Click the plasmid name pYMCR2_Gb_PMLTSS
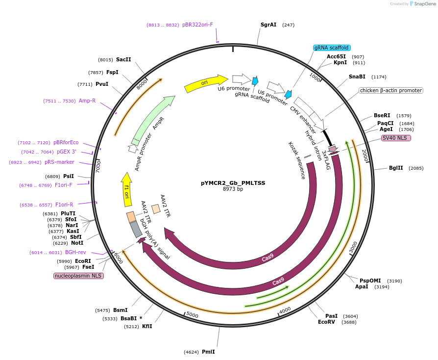click(x=233, y=183)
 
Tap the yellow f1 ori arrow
click(x=126, y=190)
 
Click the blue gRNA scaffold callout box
click(x=332, y=48)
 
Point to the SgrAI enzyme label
click(x=268, y=25)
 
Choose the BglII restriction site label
click(x=396, y=168)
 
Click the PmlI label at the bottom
click(x=208, y=352)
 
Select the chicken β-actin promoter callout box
click(x=391, y=90)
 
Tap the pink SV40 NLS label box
click(x=396, y=138)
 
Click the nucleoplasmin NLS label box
click(x=78, y=276)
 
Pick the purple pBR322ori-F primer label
click(x=197, y=25)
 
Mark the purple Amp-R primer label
click(x=87, y=101)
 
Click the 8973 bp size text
click(x=233, y=189)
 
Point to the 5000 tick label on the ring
click(x=193, y=315)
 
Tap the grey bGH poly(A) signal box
click(x=136, y=229)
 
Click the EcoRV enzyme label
click(x=326, y=322)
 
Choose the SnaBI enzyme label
click(x=357, y=77)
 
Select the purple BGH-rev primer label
click(x=75, y=252)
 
